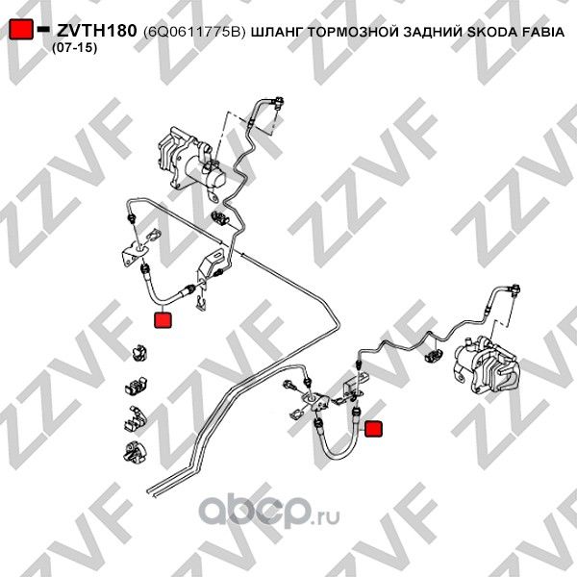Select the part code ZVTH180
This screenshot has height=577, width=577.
96,31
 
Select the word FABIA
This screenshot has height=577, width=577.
543,32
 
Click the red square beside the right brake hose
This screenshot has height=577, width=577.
374,429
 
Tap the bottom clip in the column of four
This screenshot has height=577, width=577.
138,448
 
